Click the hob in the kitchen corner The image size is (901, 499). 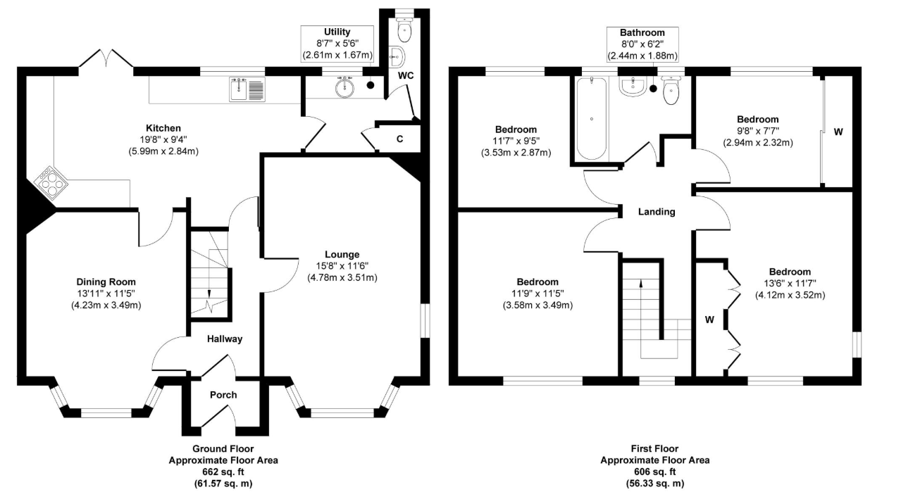[51, 183]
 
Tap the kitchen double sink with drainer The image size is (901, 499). [247, 89]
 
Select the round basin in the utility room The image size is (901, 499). [344, 87]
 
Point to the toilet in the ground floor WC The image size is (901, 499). [404, 29]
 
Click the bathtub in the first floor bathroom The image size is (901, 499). [591, 118]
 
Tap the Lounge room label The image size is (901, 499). [342, 254]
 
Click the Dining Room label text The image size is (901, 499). [106, 282]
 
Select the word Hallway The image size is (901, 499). [225, 339]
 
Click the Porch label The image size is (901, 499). [223, 395]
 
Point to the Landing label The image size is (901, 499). [657, 212]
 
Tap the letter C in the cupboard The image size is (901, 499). [399, 139]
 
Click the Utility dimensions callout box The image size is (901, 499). [337, 44]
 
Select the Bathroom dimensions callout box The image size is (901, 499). [642, 44]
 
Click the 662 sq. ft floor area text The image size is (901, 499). [223, 472]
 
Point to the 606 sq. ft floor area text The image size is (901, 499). [655, 472]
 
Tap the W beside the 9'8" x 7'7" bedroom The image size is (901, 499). [838, 132]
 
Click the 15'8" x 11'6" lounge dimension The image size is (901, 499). [342, 265]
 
